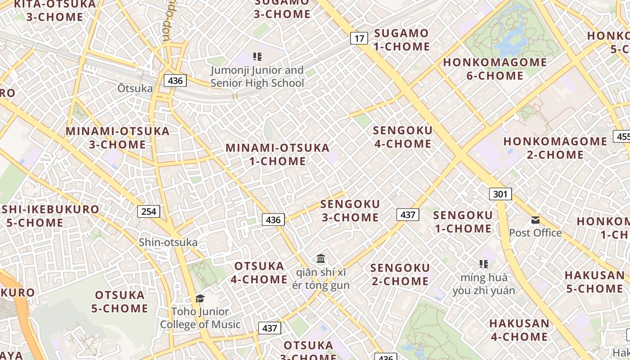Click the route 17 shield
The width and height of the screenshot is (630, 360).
coord(359,38)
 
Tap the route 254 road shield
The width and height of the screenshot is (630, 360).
coord(148,211)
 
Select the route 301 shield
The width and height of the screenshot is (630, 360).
coord(500,194)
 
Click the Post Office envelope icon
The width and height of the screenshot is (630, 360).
coord(535,220)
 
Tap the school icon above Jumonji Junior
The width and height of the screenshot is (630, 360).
coord(257,57)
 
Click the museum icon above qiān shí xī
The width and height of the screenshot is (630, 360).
coord(321,259)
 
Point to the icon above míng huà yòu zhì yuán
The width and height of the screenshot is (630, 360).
coord(484,264)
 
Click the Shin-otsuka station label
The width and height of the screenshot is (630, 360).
coord(168,242)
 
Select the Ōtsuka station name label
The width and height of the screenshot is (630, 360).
coord(135,88)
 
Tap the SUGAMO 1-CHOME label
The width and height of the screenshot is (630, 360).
coord(401,40)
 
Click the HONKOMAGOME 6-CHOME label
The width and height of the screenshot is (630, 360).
coord(495,69)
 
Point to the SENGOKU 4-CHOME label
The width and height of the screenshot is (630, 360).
coord(402,137)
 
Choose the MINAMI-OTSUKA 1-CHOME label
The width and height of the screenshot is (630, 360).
coord(278,154)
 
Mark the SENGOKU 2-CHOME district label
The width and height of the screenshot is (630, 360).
coord(400,274)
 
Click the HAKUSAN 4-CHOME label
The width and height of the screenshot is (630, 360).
coord(519,330)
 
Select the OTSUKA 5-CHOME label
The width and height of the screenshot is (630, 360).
coord(120,301)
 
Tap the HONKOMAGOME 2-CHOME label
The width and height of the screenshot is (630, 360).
coord(555,148)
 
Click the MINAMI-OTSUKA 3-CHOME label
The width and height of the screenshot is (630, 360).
coord(117,138)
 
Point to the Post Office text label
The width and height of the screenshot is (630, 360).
coord(535,233)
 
